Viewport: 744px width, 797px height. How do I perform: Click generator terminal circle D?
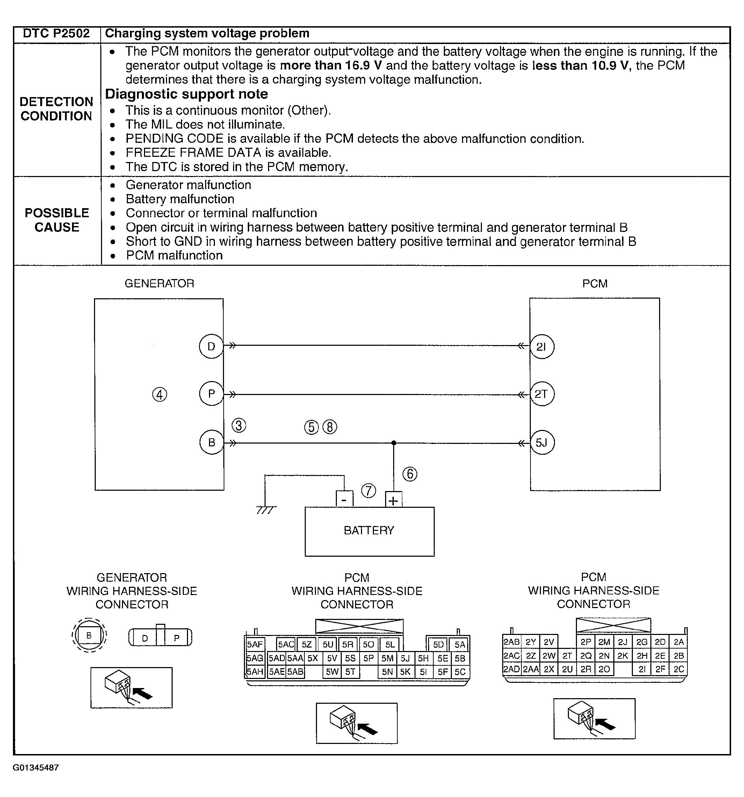211,346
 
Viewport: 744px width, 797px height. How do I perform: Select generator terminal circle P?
211,394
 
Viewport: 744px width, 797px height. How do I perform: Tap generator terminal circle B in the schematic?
211,442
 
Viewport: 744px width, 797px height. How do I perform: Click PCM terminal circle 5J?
542,443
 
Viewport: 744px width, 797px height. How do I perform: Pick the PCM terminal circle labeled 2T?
542,394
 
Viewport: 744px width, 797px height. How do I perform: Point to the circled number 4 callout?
160,395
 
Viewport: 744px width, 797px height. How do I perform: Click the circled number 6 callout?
410,474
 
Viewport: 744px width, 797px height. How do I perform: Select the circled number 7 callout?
369,491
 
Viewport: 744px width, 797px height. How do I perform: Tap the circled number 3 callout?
239,425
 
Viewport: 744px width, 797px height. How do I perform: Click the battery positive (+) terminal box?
393,499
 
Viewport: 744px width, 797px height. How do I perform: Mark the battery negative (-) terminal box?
344,499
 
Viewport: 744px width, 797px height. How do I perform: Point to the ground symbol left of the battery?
266,510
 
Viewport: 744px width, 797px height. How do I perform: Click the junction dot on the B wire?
393,443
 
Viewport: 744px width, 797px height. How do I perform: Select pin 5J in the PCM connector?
405,658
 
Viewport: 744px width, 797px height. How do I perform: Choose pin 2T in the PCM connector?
567,656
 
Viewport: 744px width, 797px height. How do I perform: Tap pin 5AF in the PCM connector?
255,644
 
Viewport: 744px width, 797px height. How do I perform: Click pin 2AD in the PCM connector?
511,669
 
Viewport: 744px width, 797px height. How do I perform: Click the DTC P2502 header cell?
57,34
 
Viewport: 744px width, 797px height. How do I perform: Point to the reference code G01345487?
36,768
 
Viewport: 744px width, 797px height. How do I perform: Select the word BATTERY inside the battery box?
369,531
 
